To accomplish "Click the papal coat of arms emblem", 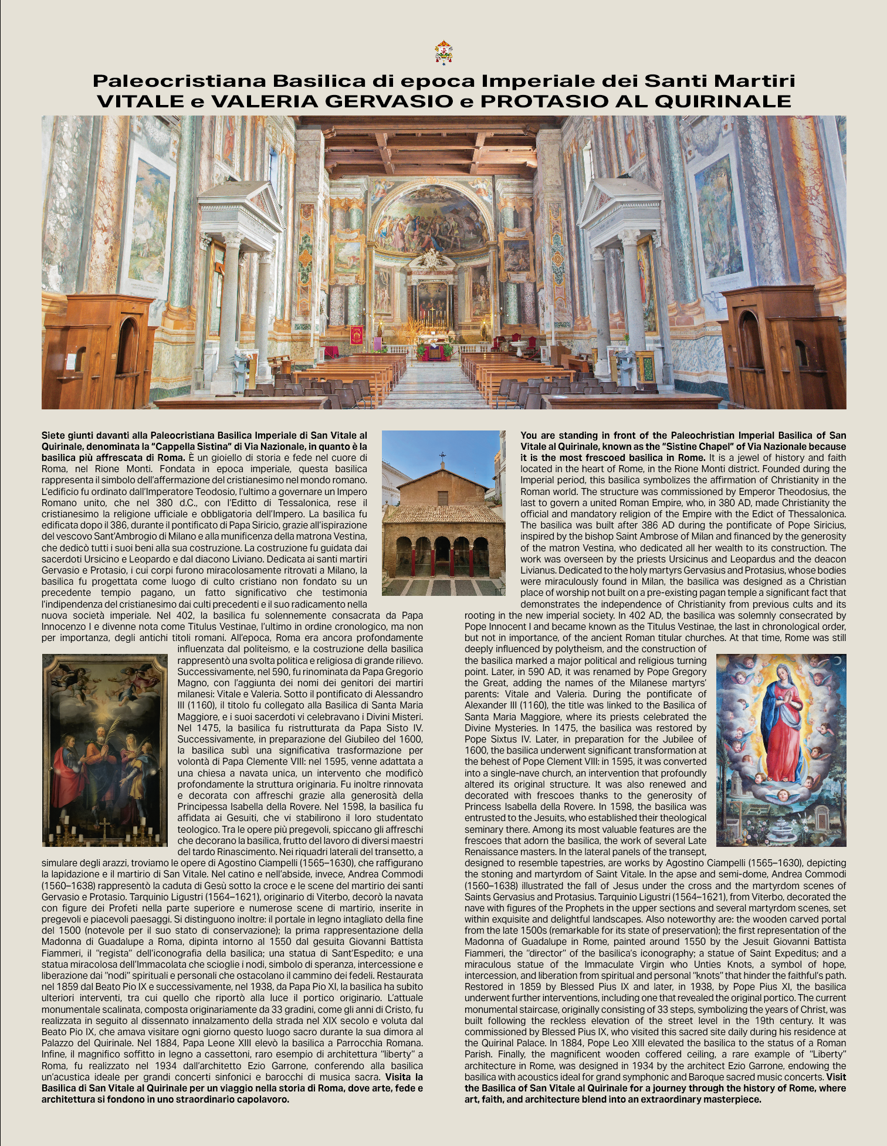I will tap(443, 52).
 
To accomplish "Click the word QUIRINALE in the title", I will tap(723, 101).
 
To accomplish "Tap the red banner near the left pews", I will tap(356, 335).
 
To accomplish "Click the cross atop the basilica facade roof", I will tap(443, 456).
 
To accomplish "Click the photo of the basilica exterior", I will tap(443, 513).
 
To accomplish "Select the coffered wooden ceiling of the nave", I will tap(431, 147).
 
